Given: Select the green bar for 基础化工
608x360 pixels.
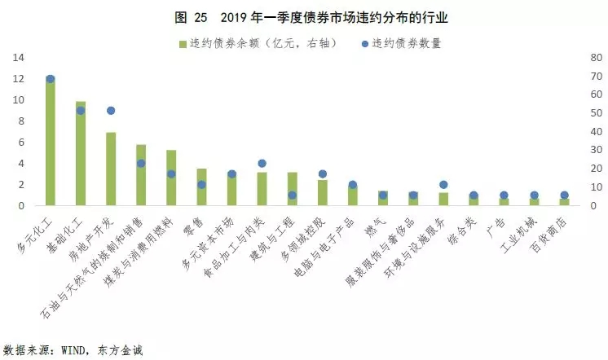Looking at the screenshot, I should point(81,155).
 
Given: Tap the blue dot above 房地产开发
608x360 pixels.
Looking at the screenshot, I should point(111,111).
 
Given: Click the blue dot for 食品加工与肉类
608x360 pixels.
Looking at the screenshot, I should point(262,164).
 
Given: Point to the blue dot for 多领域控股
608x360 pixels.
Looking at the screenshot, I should point(322,173).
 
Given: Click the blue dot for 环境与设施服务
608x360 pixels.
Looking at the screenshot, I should point(443,185).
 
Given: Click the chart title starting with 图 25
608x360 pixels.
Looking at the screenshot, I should point(304,15).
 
